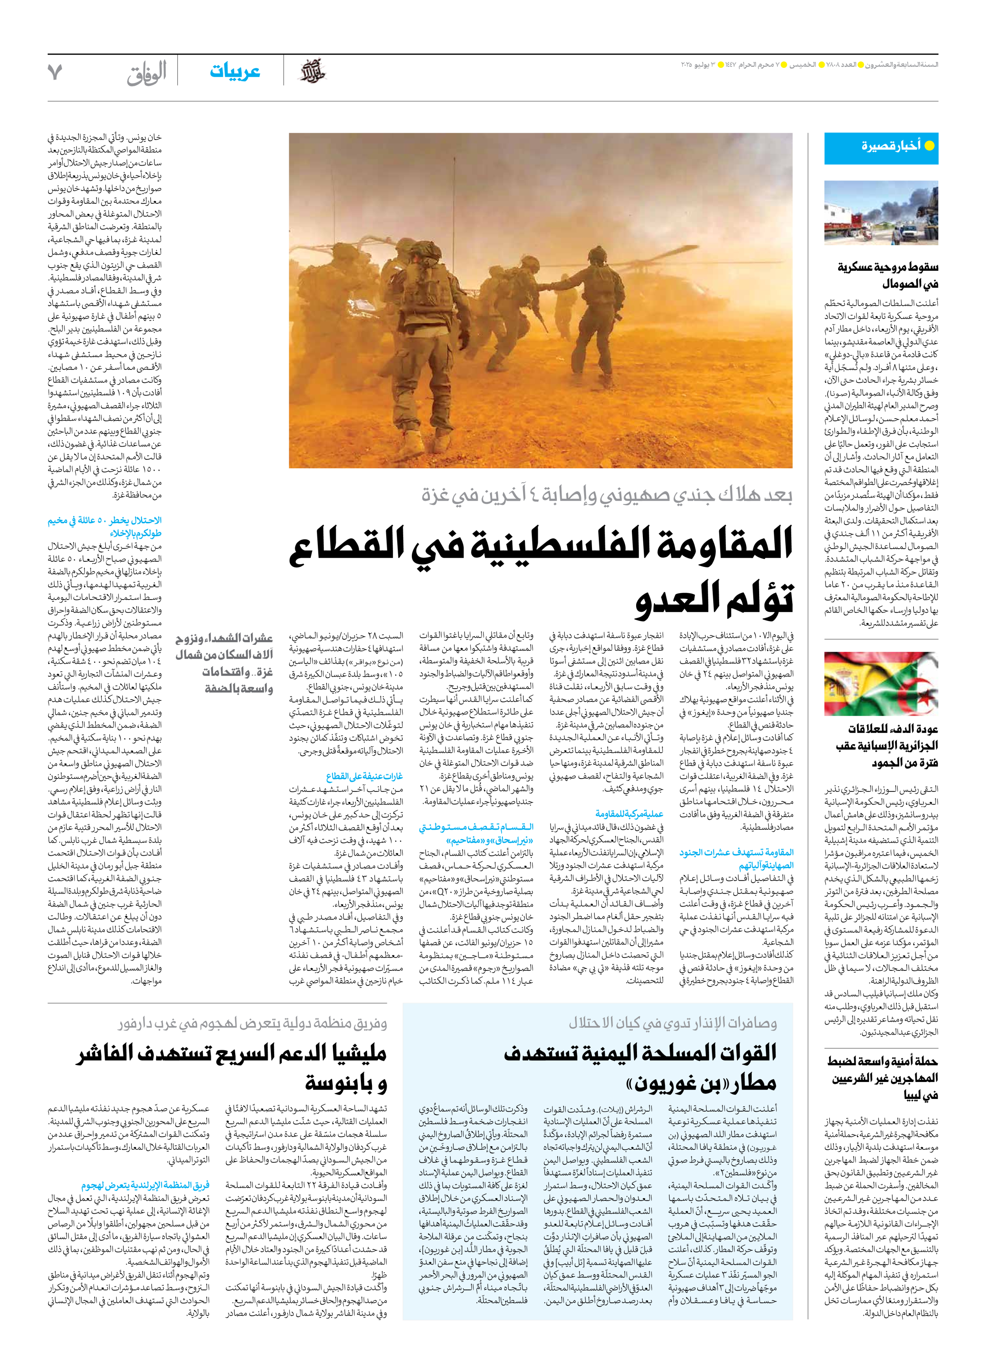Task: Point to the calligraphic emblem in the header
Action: [313, 72]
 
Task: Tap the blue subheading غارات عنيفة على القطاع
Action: [364, 776]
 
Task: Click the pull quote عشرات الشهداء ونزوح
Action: [225, 663]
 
